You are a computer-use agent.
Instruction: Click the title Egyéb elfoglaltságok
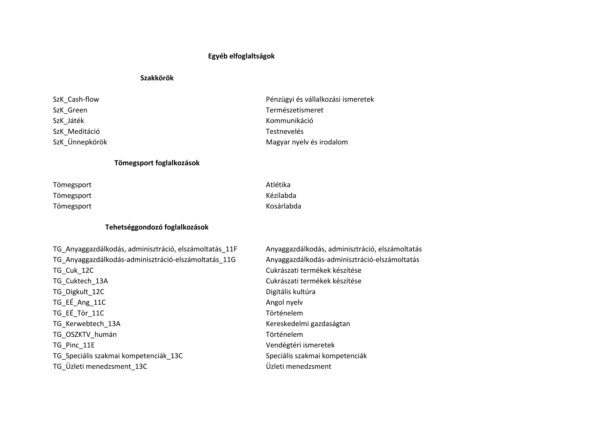click(241, 56)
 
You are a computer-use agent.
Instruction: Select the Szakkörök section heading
click(157, 78)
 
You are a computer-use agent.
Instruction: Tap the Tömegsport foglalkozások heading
click(157, 163)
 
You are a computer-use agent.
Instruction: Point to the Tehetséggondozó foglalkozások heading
click(157, 227)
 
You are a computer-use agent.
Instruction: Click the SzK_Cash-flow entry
click(76, 99)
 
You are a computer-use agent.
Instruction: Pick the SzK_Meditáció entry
click(76, 131)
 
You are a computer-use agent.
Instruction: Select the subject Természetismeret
click(294, 110)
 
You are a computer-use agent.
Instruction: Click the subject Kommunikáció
click(289, 121)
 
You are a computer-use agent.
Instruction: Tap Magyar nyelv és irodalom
click(307, 142)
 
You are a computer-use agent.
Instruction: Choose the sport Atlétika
click(278, 185)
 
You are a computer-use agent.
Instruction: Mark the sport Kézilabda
click(281, 196)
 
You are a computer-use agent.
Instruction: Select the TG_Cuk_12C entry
click(73, 270)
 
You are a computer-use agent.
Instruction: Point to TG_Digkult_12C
click(78, 292)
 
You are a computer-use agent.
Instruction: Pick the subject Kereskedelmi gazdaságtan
click(308, 324)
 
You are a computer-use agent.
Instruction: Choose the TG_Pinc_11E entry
click(74, 345)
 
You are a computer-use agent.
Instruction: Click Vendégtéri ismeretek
click(300, 345)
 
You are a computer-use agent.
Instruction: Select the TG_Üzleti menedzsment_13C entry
click(100, 367)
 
